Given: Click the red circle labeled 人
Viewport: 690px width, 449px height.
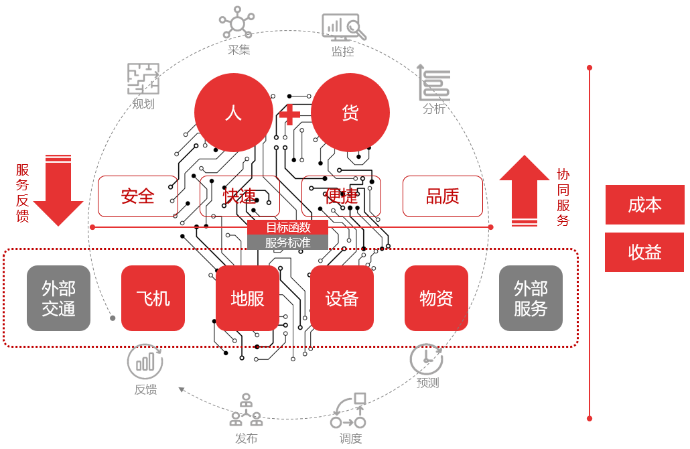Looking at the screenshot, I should (233, 113).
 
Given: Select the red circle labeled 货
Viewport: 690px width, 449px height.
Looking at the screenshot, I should (350, 113).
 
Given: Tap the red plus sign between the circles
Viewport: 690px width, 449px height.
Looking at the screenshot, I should (290, 115).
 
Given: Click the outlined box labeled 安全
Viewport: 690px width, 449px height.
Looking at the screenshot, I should (138, 196).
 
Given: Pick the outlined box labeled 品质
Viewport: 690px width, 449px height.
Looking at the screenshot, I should (443, 196).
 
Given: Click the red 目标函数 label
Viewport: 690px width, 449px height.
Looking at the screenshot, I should (288, 227).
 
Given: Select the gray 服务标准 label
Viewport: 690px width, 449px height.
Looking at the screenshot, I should (288, 243).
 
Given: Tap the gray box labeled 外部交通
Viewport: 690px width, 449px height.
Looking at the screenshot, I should (58, 298).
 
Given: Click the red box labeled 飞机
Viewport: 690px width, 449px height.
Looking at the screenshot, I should (153, 298).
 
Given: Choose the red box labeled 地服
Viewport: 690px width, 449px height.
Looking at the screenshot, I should (247, 298).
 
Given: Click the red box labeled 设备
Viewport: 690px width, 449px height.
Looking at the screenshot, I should (342, 298).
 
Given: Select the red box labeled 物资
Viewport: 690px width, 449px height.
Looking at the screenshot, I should (436, 298).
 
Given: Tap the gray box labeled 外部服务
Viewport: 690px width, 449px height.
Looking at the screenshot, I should (531, 298).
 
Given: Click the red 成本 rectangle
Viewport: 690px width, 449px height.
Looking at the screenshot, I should (644, 205).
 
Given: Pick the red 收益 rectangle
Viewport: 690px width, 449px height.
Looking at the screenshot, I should (644, 252).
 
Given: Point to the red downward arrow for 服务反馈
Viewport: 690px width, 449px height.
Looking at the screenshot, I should (58, 191).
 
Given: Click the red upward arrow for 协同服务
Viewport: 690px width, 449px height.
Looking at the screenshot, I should (524, 190).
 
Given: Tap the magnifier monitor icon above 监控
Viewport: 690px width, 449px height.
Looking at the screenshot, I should (344, 27).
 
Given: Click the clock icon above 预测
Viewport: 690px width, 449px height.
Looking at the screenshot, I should (426, 359).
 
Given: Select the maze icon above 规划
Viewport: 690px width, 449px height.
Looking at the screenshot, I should (143, 79).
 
